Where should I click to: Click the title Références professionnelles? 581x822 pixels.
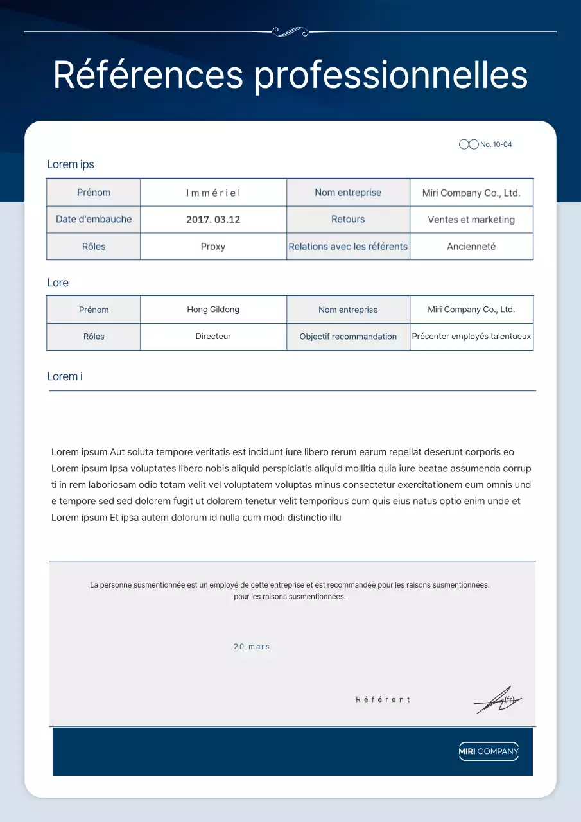click(290, 75)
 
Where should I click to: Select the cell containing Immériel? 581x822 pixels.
click(213, 193)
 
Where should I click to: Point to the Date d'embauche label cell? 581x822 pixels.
click(94, 219)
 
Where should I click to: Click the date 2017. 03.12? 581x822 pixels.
click(213, 220)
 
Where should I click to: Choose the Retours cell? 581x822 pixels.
click(348, 219)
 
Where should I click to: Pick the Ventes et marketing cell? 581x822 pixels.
click(471, 220)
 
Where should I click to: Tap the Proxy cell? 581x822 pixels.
click(213, 247)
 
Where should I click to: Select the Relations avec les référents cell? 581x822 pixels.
click(348, 247)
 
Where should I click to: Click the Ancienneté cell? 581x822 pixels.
click(471, 247)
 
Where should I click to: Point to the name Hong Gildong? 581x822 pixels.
click(213, 310)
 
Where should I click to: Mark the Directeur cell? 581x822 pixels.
click(213, 337)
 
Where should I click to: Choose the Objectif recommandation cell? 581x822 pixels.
click(348, 337)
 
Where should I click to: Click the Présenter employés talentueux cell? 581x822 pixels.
click(471, 337)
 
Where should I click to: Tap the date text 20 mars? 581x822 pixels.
click(252, 647)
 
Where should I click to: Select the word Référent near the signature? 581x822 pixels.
click(383, 699)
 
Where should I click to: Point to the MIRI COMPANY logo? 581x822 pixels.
click(489, 751)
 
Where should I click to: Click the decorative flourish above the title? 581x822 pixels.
click(290, 31)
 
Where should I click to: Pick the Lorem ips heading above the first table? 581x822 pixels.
click(71, 164)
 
